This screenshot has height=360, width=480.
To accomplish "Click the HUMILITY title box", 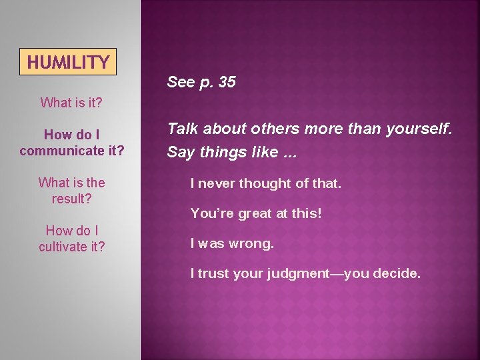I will click(68, 62).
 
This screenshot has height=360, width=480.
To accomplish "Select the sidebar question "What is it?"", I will click(71, 103).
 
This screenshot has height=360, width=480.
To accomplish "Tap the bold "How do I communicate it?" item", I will click(72, 143).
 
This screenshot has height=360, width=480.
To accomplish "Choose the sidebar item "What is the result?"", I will click(71, 191).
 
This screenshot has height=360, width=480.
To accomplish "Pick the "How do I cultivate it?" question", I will click(71, 239).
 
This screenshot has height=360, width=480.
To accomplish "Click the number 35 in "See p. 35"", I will click(227, 82).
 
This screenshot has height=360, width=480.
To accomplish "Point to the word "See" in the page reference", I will click(179, 82).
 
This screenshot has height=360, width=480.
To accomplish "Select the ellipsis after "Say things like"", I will click(288, 153).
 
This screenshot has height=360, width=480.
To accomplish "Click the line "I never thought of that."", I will click(265, 183).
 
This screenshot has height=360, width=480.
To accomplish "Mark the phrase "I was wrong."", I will click(232, 243).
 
